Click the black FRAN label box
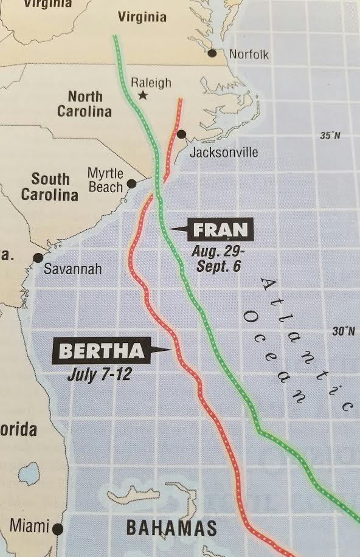220,230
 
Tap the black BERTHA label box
102,350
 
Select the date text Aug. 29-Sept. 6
215,258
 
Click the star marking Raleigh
143,95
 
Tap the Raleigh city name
151,82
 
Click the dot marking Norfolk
212,54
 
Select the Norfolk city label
249,55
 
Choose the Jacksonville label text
224,151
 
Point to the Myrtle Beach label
105,180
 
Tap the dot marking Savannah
38,258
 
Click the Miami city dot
58,528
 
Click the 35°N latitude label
330,135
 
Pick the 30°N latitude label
343,331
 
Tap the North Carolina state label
85,104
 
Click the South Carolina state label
50,187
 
